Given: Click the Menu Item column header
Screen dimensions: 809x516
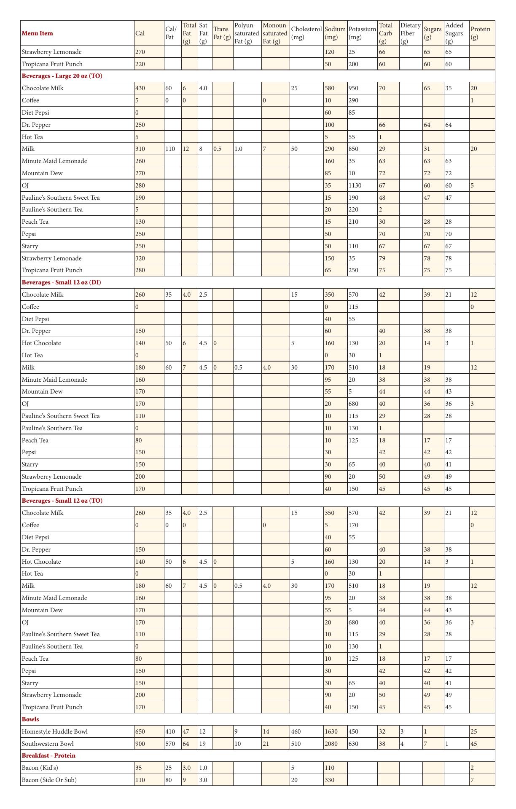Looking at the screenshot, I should click(x=38, y=33).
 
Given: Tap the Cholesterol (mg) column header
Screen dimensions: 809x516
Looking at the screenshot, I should click(x=306, y=33).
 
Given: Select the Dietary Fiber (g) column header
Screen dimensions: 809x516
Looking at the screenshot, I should click(x=410, y=33).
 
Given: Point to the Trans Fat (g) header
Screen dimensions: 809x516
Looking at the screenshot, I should click(x=222, y=33).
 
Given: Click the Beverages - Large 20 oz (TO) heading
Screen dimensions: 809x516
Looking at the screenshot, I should click(x=62, y=76).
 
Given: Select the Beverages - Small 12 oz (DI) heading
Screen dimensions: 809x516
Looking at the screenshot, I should click(x=61, y=282).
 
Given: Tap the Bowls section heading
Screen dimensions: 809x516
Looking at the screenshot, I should click(x=30, y=719).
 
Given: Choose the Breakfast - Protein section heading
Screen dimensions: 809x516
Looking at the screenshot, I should click(x=48, y=755).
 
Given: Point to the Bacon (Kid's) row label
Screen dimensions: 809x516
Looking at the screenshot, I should click(x=40, y=768).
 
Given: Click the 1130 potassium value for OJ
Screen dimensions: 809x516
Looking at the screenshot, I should click(x=355, y=185).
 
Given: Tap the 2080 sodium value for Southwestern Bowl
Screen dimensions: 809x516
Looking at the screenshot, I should click(x=331, y=744).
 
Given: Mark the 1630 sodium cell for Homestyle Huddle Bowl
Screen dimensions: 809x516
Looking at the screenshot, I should click(x=331, y=731).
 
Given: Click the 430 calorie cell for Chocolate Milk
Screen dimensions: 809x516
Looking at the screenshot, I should click(x=140, y=88).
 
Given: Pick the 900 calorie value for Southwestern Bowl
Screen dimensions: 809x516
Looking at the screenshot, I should click(x=140, y=744).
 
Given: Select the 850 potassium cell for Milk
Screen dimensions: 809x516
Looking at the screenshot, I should click(x=353, y=149).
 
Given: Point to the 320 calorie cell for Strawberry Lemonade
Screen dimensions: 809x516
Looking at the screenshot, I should click(x=140, y=258).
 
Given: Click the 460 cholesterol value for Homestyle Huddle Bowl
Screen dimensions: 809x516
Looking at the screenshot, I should click(x=296, y=731).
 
